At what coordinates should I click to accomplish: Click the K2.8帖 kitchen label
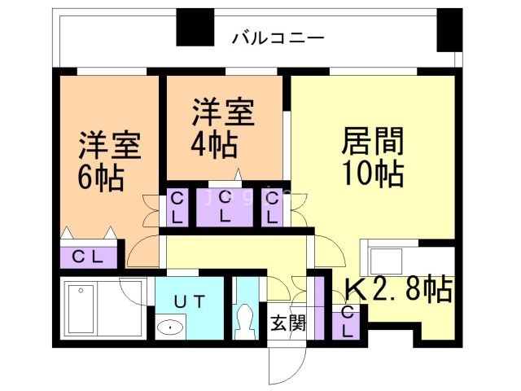[398, 289]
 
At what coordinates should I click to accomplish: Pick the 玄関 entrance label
[287, 323]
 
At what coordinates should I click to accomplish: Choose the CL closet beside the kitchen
[348, 321]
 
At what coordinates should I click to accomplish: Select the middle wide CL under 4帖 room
[225, 209]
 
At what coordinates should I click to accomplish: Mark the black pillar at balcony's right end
[449, 29]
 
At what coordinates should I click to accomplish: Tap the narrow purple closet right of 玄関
[319, 305]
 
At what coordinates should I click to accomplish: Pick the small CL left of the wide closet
[176, 207]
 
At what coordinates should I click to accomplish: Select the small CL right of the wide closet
[273, 207]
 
